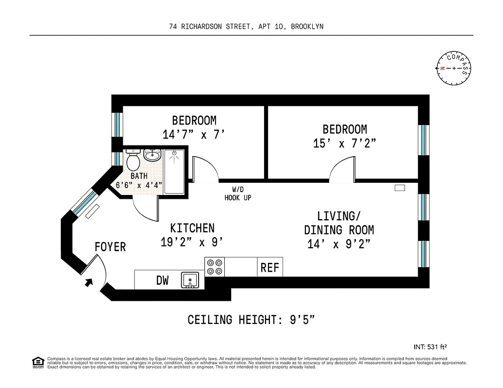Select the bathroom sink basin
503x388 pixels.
[152, 156]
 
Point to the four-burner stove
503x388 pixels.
[215, 267]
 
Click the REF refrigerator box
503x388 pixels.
[270, 267]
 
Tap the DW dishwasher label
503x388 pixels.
[162, 280]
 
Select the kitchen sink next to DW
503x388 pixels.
[190, 280]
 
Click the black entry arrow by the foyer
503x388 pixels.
[89, 282]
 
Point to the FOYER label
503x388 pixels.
[110, 247]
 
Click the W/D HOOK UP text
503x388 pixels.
[238, 194]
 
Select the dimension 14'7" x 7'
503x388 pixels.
[194, 134]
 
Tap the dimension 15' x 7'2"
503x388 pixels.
[345, 144]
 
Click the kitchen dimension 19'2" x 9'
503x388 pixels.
[192, 242]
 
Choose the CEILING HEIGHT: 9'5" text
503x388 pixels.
[251, 320]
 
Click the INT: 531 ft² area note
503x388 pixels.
[430, 347]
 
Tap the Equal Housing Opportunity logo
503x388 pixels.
[37, 362]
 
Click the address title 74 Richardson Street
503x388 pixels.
[246, 27]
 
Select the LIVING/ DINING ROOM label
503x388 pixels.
[339, 223]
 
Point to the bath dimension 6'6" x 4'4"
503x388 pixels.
[139, 185]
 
